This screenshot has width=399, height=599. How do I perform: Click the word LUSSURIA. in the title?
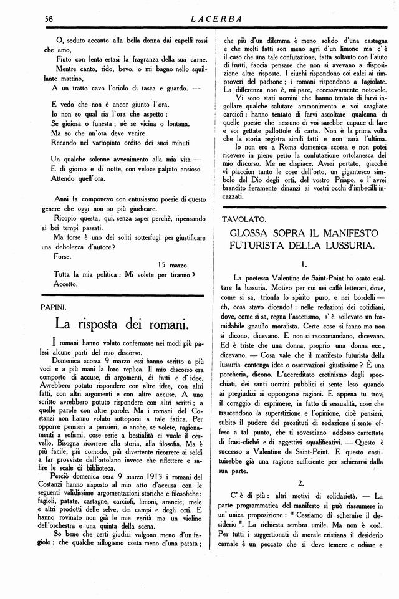(x=344, y=247)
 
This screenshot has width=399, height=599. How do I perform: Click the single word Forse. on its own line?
(x=63, y=256)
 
